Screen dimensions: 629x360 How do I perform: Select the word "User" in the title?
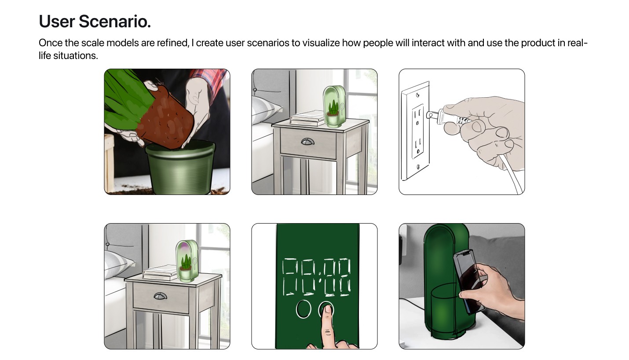(57, 22)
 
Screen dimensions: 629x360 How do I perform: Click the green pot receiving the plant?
(180, 167)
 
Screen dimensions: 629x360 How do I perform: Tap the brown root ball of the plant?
(166, 118)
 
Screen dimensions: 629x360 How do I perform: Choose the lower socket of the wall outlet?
(418, 146)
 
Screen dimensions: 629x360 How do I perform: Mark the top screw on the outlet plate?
(417, 95)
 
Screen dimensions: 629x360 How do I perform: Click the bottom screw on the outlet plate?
(418, 167)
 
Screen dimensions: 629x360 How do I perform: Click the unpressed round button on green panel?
(304, 309)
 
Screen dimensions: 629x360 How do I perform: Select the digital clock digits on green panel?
(316, 277)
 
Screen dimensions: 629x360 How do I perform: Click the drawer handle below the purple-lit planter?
(161, 296)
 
